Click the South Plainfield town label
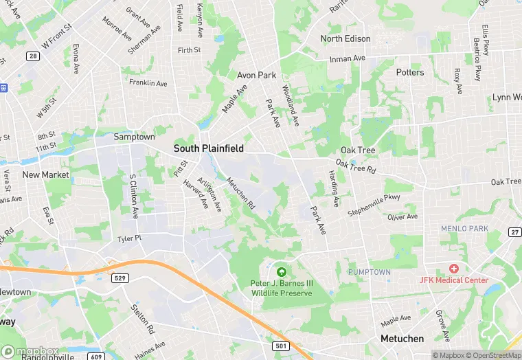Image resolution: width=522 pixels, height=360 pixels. pyautogui.click(x=208, y=148)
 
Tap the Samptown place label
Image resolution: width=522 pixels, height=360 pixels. pyautogui.click(x=133, y=137)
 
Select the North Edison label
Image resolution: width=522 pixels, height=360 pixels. pyautogui.click(x=345, y=39)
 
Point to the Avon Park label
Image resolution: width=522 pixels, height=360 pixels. pyautogui.click(x=256, y=75)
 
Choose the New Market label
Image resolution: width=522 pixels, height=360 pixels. pyautogui.click(x=45, y=175)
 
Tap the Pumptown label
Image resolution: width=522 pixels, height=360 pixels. pyautogui.click(x=369, y=272)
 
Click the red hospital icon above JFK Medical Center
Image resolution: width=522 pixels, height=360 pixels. pyautogui.click(x=453, y=269)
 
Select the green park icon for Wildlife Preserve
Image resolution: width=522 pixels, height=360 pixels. pyautogui.click(x=281, y=271)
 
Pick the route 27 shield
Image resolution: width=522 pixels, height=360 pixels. pyautogui.click(x=514, y=232)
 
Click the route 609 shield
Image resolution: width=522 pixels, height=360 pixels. pyautogui.click(x=96, y=356)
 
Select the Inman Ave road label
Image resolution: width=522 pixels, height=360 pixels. pyautogui.click(x=346, y=58)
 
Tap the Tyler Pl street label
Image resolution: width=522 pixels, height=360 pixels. pyautogui.click(x=128, y=238)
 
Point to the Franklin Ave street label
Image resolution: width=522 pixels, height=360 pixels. pyautogui.click(x=148, y=83)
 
